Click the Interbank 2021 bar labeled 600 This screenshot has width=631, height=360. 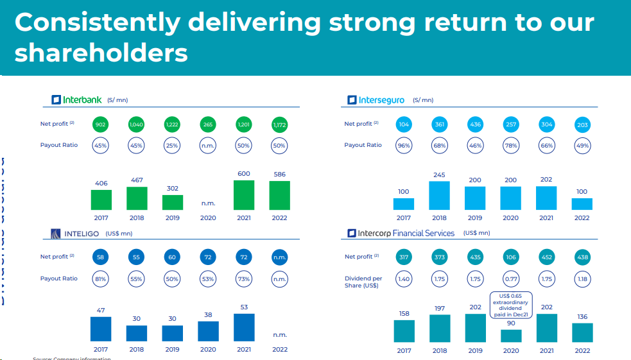click(x=244, y=195)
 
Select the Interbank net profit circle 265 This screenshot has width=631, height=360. click(x=208, y=124)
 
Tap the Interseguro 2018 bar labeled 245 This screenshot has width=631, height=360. click(x=439, y=196)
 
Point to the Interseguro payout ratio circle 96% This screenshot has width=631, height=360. click(x=404, y=146)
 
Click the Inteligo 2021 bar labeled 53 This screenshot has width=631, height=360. click(x=244, y=327)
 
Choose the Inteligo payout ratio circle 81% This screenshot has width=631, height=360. click(x=100, y=279)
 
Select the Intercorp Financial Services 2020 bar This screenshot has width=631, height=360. click(x=511, y=336)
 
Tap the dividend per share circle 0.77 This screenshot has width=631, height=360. click(x=511, y=279)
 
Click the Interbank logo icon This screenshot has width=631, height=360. click(x=56, y=100)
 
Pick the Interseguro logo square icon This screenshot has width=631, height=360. click(x=352, y=100)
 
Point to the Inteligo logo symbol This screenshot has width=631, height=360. click(x=56, y=234)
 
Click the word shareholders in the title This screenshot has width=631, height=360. click(x=101, y=53)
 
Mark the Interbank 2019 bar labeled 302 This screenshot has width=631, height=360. click(x=172, y=203)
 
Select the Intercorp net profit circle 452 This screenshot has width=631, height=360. click(x=547, y=257)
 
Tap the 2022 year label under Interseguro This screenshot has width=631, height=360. click(x=582, y=218)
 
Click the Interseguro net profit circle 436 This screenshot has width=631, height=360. click(x=475, y=124)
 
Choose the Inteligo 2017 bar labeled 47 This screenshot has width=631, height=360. click(x=101, y=329)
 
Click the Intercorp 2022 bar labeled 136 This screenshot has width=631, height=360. click(x=582, y=332)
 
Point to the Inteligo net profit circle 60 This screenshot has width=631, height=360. click(x=172, y=257)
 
